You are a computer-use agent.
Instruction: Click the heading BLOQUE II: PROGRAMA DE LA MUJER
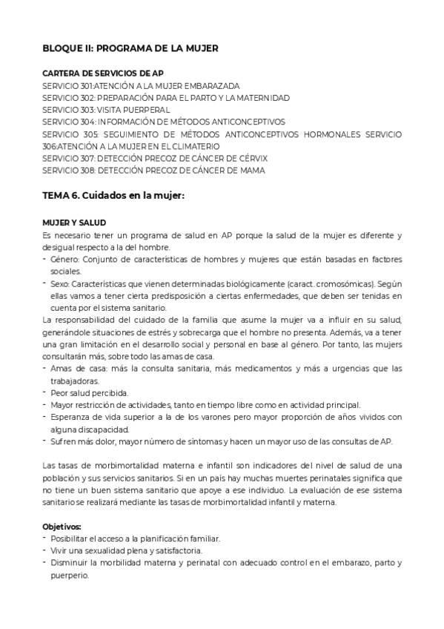pyautogui.click(x=130, y=48)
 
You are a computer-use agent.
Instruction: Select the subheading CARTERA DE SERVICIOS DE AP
pyautogui.click(x=103, y=74)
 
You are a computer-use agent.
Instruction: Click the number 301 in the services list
pyautogui.click(x=87, y=86)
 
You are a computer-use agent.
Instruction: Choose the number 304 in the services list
pyautogui.click(x=87, y=122)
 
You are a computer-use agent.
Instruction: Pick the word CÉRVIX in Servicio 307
pyautogui.click(x=250, y=158)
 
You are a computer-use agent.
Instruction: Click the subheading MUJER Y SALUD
pyautogui.click(x=74, y=223)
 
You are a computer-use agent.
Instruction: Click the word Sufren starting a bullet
pyautogui.click(x=64, y=441)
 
